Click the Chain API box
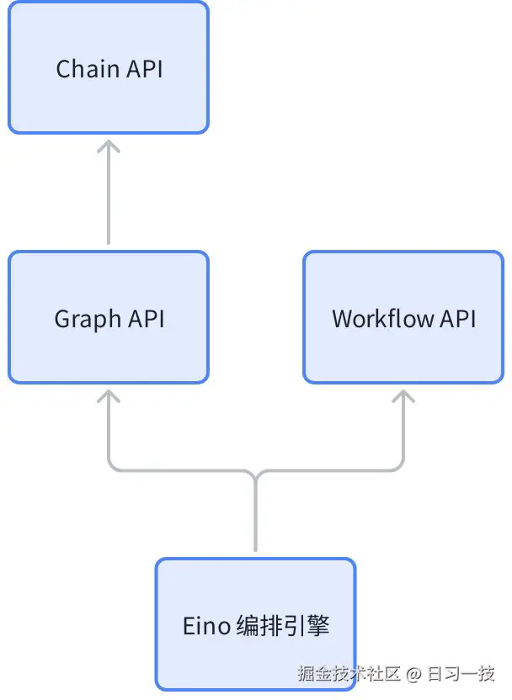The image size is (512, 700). tap(108, 67)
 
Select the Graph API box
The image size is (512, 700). tap(108, 317)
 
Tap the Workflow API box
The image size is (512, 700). tap(403, 317)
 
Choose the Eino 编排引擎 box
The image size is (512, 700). tap(255, 625)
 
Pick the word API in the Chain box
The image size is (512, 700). tap(145, 68)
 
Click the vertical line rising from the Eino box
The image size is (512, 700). tap(255, 517)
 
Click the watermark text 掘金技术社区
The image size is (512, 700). tap(349, 674)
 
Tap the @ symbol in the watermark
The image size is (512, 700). tap(413, 675)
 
